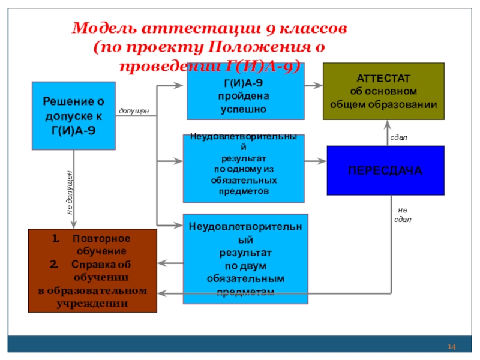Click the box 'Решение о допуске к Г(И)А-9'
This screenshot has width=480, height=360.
tap(74, 116)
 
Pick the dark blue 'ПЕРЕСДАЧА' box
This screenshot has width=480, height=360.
tap(385, 171)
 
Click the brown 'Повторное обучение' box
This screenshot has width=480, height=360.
tap(92, 271)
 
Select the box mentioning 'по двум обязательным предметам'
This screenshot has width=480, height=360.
tap(245, 259)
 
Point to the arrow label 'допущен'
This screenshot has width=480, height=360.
tap(134, 112)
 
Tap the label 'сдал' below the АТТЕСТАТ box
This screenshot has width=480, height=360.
tap(398, 137)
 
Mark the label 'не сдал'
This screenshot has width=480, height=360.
tap(402, 215)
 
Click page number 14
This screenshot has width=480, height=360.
tap(451, 348)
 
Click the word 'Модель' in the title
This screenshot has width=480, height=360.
tap(104, 29)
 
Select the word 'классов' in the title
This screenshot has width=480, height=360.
tap(313, 29)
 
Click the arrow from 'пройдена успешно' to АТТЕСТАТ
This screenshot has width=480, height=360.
tap(313, 86)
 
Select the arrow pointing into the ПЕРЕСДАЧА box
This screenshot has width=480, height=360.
tap(315, 161)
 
